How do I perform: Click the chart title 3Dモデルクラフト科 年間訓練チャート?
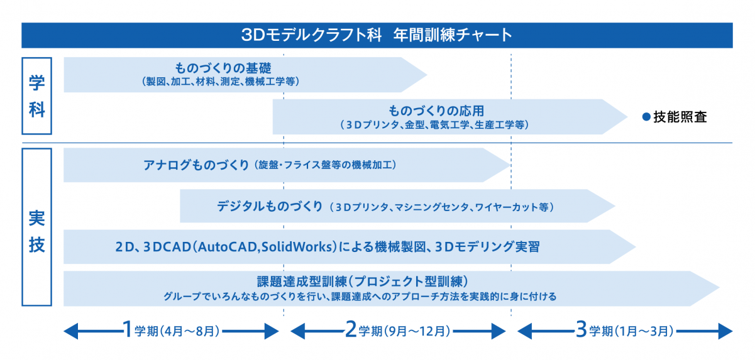[x=377, y=35]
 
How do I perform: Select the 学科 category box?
[x=36, y=95]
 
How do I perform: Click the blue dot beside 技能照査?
[x=645, y=117]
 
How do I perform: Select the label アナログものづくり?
[x=196, y=165]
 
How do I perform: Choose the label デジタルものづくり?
[x=270, y=206]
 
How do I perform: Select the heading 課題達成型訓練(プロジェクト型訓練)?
[x=363, y=281]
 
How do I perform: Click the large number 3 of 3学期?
[x=581, y=329]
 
